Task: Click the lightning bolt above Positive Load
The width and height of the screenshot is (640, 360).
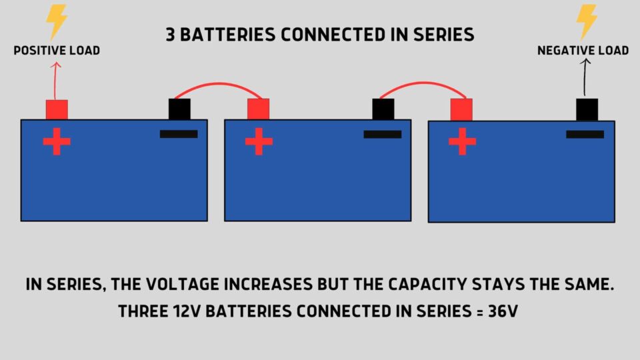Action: tap(57, 22)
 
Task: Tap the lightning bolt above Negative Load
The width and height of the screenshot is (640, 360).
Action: tap(587, 22)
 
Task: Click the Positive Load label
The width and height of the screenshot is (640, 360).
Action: tap(57, 51)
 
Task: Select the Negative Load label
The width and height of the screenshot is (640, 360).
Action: tap(583, 51)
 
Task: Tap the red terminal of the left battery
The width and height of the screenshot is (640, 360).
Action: tap(57, 109)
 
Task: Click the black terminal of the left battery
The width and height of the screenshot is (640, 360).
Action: tap(179, 109)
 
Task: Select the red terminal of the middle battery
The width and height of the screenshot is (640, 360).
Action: tap(258, 109)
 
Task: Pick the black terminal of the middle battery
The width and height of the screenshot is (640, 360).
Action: tap(383, 109)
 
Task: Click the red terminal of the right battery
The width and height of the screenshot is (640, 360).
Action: tap(461, 109)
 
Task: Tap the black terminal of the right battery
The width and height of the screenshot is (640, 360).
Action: tap(587, 109)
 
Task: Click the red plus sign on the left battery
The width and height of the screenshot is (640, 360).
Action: tap(57, 141)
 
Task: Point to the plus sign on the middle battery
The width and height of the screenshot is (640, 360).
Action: tap(259, 141)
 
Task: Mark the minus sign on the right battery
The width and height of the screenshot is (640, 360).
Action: tap(585, 134)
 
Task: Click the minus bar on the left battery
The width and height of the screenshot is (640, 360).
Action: tap(179, 134)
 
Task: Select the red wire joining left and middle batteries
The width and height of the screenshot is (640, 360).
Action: tap(219, 84)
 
